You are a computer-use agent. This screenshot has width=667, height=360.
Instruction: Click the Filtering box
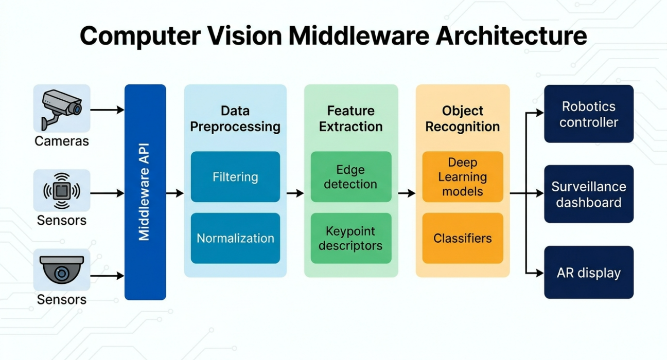click(x=235, y=177)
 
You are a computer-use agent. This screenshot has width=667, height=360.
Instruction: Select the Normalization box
click(x=235, y=238)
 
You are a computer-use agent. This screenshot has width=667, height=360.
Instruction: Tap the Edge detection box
click(x=350, y=177)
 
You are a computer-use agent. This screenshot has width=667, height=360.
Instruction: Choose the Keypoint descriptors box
click(x=350, y=238)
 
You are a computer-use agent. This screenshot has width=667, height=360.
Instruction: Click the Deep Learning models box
click(x=462, y=177)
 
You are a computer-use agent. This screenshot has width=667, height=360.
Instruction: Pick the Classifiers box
click(x=462, y=238)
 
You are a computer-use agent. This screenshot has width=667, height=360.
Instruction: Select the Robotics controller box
click(x=589, y=114)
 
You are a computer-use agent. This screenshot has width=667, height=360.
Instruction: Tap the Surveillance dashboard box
click(x=589, y=194)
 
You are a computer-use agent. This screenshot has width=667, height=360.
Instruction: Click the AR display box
click(x=589, y=273)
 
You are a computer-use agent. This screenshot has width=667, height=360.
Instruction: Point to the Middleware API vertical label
click(x=145, y=192)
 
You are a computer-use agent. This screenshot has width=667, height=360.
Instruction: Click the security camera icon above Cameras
click(x=62, y=108)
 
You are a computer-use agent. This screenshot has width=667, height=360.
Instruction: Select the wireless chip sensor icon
click(x=62, y=191)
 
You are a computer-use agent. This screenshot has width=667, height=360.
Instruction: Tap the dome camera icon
click(x=62, y=270)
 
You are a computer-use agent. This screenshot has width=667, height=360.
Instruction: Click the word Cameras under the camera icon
click(x=62, y=141)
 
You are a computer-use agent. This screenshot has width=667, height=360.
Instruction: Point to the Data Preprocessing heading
click(x=235, y=118)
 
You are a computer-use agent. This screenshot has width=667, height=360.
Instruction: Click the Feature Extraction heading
click(x=350, y=118)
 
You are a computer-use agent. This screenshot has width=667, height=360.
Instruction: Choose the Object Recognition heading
click(x=462, y=118)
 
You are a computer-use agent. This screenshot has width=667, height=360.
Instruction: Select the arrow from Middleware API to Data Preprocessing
click(x=175, y=193)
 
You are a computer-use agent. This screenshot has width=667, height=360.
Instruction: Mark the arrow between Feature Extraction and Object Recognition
click(x=407, y=193)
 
